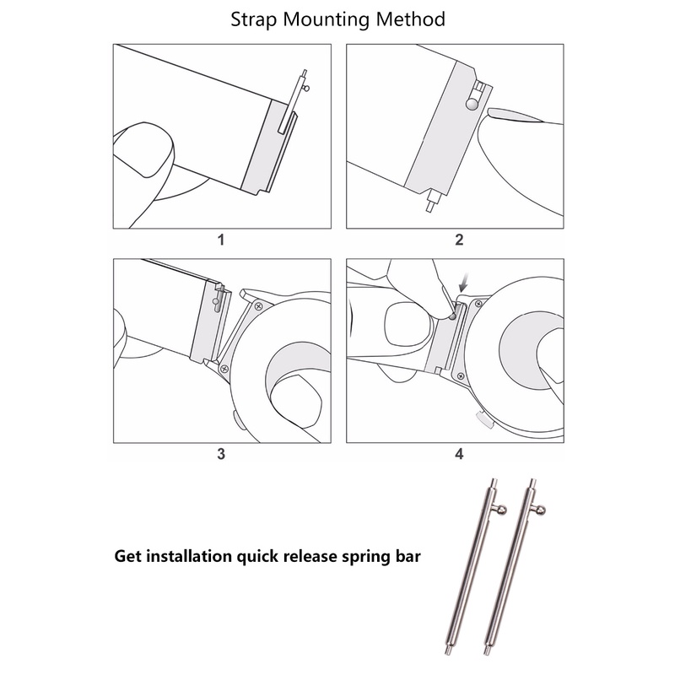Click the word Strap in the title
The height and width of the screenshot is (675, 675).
coord(256,19)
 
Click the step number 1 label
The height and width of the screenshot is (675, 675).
coord(221,240)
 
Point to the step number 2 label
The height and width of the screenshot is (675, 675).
coord(459,240)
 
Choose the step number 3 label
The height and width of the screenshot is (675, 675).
coord(221,454)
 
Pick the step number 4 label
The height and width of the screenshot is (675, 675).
coord(459,454)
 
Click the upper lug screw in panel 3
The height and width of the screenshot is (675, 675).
coord(259,305)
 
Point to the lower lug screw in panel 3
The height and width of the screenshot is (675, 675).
coord(224,369)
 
